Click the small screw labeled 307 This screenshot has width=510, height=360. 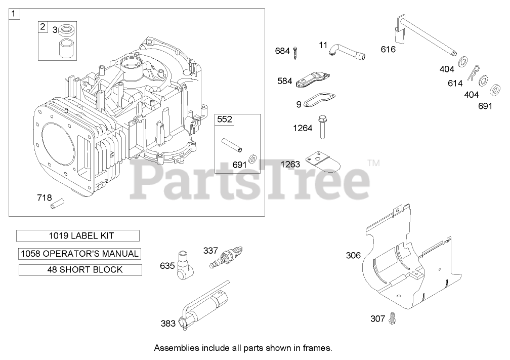coord(392,318)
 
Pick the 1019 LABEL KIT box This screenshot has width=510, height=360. coord(78,235)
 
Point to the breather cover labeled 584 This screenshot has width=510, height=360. coord(313,79)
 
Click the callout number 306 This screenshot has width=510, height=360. coord(353,255)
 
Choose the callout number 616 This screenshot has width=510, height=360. coord(388,49)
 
